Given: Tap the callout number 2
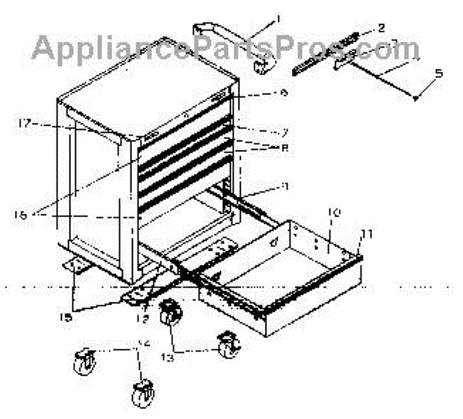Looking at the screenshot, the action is (381, 29).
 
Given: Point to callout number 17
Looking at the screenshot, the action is (24, 122).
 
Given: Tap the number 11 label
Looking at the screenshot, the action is (367, 231).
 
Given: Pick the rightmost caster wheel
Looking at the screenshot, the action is (228, 346).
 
